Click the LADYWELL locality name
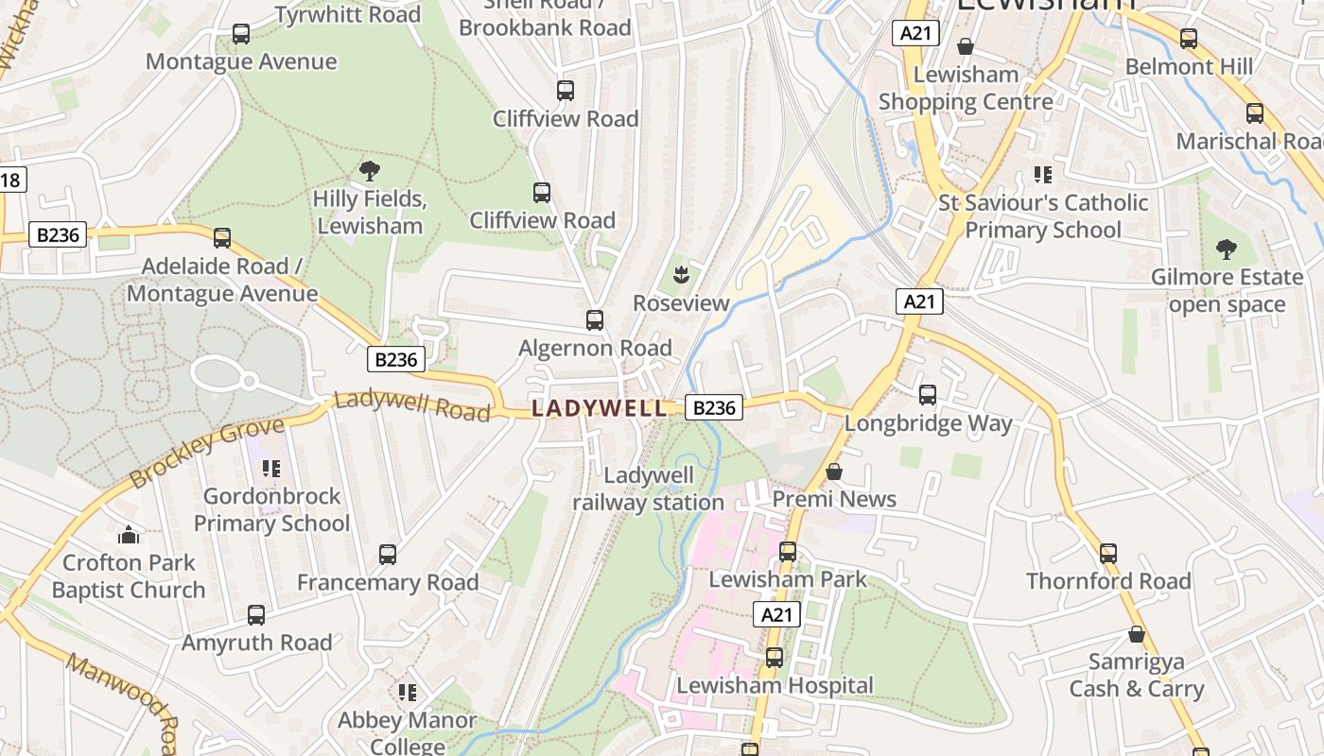pyautogui.click(x=599, y=408)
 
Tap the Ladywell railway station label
pyautogui.click(x=648, y=490)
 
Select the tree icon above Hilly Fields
pyautogui.click(x=369, y=171)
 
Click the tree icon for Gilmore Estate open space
pyautogui.click(x=1227, y=249)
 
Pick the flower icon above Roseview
pyautogui.click(x=680, y=276)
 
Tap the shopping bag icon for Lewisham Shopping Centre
pyautogui.click(x=966, y=46)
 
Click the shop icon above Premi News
pyautogui.click(x=834, y=472)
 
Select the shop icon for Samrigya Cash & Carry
pyautogui.click(x=1137, y=634)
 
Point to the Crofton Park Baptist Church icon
pyautogui.click(x=129, y=536)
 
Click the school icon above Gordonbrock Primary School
pyautogui.click(x=271, y=469)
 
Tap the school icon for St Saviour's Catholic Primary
pyautogui.click(x=1043, y=175)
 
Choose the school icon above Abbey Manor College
pyautogui.click(x=408, y=693)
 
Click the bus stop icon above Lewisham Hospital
pyautogui.click(x=775, y=658)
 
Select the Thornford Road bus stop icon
pyautogui.click(x=1108, y=554)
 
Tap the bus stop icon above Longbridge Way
pyautogui.click(x=928, y=395)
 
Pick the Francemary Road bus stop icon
pyautogui.click(x=388, y=555)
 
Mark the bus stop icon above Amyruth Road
pyautogui.click(x=256, y=615)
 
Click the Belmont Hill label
pyautogui.click(x=1188, y=67)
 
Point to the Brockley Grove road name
pyautogui.click(x=206, y=453)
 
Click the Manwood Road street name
pyautogui.click(x=123, y=695)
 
